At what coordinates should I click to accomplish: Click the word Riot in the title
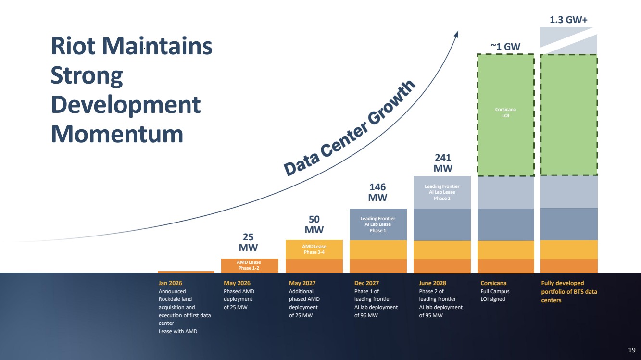point(73,46)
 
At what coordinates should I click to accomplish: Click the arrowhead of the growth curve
point(456,34)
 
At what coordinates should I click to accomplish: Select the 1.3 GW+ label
point(568,20)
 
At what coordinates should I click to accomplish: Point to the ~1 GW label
point(505,46)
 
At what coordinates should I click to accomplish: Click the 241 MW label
point(443,163)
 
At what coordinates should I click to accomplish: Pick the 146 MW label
point(377,192)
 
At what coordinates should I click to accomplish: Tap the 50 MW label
point(314,224)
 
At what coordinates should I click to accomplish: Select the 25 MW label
point(248,242)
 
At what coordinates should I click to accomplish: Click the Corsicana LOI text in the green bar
point(505,112)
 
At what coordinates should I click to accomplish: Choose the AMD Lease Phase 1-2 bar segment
point(250,266)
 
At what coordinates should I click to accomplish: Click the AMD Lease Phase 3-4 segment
point(314,249)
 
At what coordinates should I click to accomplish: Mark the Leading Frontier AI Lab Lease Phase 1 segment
point(378,224)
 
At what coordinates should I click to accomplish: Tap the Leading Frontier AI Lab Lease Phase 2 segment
point(442,192)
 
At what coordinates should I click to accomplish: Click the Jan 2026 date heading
point(170,283)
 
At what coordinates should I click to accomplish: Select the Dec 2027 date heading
point(366,283)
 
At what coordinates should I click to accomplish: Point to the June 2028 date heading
point(432,283)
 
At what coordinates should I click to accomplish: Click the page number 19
point(631,350)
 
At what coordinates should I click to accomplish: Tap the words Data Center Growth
point(350,128)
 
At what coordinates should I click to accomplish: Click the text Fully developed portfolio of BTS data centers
point(569,291)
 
